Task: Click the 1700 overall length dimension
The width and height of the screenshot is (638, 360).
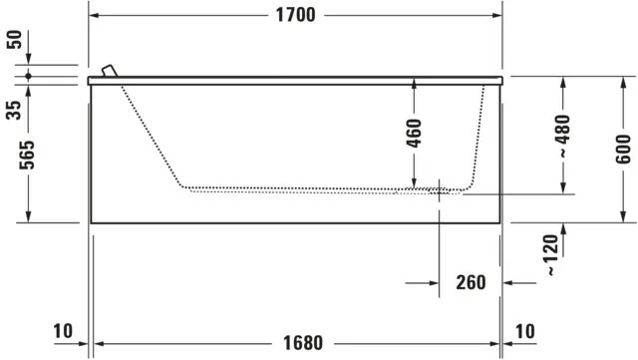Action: tap(295, 14)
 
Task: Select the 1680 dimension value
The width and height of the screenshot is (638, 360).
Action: tap(302, 343)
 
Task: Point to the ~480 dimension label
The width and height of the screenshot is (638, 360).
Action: tap(564, 137)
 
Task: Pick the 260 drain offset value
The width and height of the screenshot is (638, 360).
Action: tap(471, 282)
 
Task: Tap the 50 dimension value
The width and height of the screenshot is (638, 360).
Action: tap(14, 40)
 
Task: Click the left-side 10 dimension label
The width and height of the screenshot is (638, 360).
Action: tap(63, 331)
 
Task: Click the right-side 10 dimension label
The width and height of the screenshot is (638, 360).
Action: tap(526, 331)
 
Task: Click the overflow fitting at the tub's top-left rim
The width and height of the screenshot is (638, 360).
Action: tap(109, 71)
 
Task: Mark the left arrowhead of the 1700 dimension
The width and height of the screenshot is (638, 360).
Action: tap(94, 14)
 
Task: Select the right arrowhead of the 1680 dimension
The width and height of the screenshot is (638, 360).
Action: tap(494, 343)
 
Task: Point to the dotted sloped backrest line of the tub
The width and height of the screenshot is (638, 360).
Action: tap(150, 135)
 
